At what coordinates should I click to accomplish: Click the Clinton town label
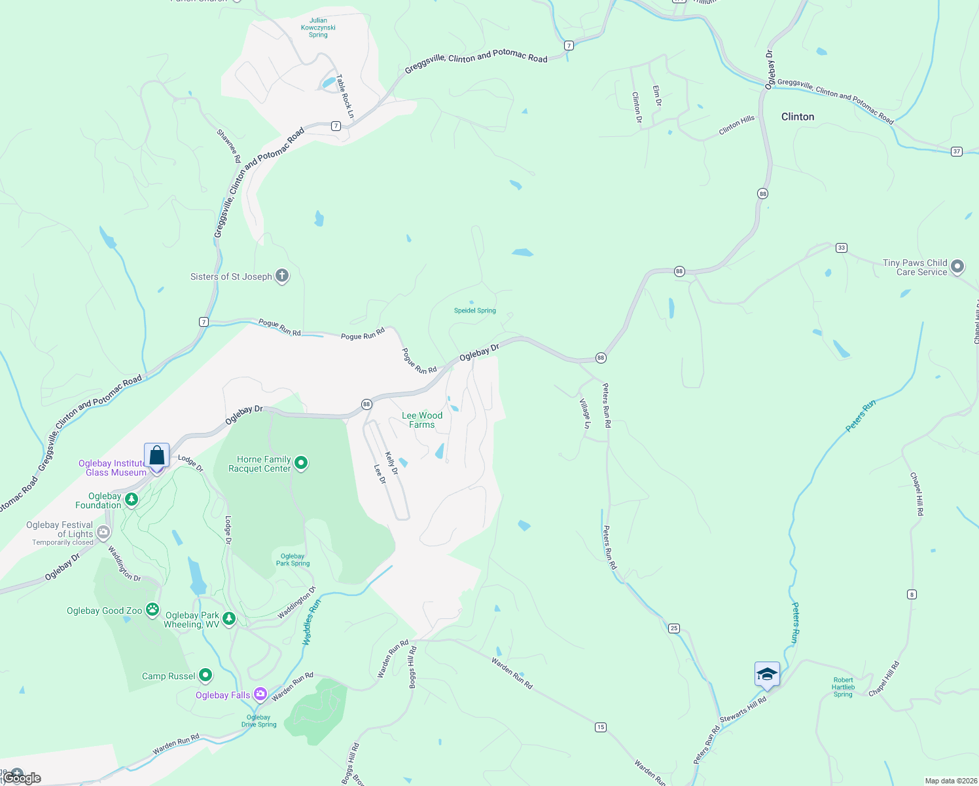[798, 117]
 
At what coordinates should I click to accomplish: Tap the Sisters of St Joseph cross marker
[282, 276]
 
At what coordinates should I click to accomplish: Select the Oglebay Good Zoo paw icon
[152, 610]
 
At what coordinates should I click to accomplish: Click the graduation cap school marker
[767, 674]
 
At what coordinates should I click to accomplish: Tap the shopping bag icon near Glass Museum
[157, 455]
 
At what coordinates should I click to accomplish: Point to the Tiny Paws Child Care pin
[957, 267]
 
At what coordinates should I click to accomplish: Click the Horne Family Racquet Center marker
[301, 464]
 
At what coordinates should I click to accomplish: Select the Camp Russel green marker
[205, 675]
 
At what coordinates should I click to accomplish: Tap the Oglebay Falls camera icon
[260, 694]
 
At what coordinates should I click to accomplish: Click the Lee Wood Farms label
[422, 420]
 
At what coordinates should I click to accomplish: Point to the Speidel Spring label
[475, 310]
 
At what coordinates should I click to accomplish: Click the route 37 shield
[957, 151]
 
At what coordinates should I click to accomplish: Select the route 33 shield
[842, 248]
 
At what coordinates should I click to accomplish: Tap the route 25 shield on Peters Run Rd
[674, 628]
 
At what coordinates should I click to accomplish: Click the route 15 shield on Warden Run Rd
[601, 727]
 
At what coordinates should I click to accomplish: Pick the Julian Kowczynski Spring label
[318, 28]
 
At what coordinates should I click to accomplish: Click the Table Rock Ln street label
[345, 96]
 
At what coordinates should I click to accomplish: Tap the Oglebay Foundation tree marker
[132, 500]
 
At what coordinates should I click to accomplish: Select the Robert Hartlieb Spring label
[843, 687]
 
